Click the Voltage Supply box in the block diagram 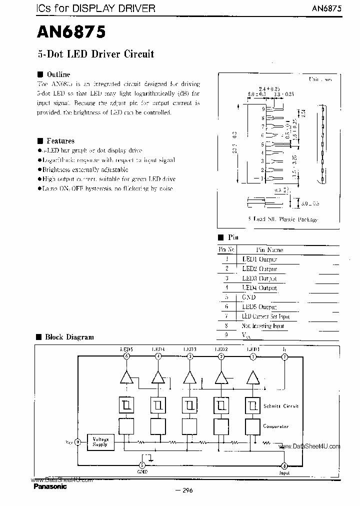100,441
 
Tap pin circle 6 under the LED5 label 126,356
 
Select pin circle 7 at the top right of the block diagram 284,356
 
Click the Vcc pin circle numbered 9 78,442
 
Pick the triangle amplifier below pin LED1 253,377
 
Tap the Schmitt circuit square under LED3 189,404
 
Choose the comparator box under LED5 126,426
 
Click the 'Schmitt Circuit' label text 280,406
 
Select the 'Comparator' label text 276,426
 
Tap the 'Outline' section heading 57,74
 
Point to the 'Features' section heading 60,141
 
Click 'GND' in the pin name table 249,297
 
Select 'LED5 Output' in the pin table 259,307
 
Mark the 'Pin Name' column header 269,249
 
